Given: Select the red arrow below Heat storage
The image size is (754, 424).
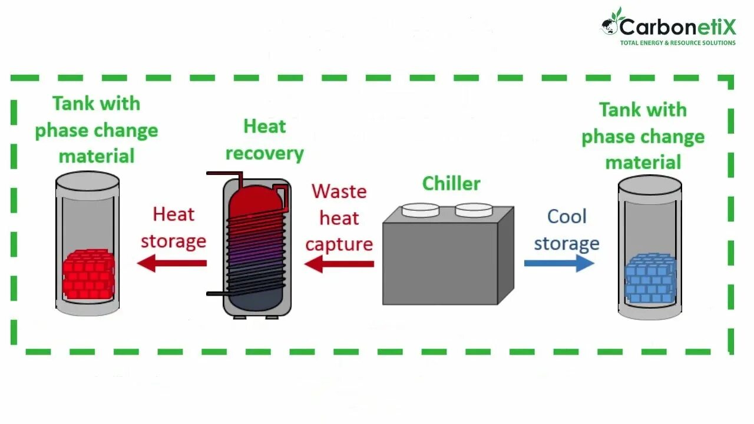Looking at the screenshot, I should point(171,263).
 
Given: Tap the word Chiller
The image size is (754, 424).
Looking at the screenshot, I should point(451,184).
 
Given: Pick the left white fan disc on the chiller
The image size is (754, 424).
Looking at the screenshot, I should point(420,210).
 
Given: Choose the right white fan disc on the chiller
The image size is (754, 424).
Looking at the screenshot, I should point(474,210).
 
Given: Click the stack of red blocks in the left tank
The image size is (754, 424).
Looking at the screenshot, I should point(88,274).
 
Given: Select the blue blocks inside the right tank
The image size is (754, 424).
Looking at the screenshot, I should point(650,278).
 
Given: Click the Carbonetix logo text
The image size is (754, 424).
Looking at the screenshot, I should point(677,27).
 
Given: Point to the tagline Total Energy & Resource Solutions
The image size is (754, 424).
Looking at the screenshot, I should point(677,43).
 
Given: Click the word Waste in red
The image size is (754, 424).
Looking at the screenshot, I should point(339,191).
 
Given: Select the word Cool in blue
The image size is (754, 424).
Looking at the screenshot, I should point(567,217).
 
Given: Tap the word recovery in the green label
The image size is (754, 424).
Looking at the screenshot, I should point(264,154).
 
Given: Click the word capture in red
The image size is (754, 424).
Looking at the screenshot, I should point(339,244).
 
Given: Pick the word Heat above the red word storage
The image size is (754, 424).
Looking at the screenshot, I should point(173,214).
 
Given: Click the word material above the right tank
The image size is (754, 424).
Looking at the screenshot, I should point(643,163).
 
